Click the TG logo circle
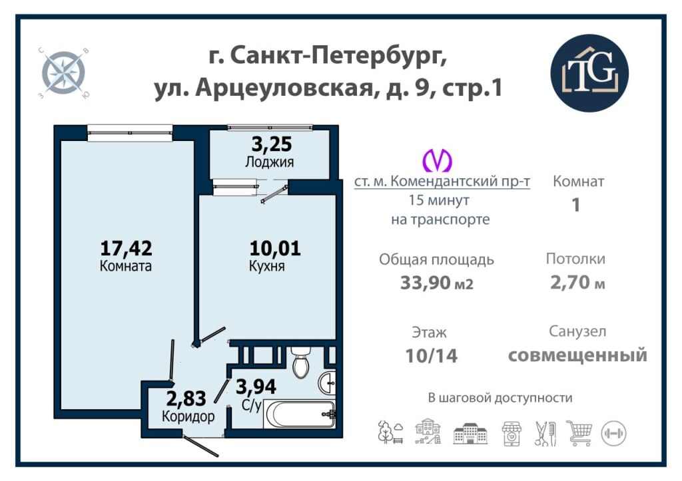point(589,73)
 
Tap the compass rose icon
point(63,72)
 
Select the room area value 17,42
point(126,248)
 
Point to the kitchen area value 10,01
point(275,248)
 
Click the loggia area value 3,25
point(272,144)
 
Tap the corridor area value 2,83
point(186,398)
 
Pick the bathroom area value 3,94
point(256,387)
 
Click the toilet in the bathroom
point(300,362)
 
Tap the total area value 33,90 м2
point(437,283)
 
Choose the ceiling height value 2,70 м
point(577,283)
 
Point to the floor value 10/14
point(432,356)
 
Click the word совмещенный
point(577,355)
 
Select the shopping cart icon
point(579,433)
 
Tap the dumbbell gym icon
point(613,433)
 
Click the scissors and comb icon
point(545,433)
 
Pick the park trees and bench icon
point(390,432)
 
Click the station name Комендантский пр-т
point(460,181)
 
